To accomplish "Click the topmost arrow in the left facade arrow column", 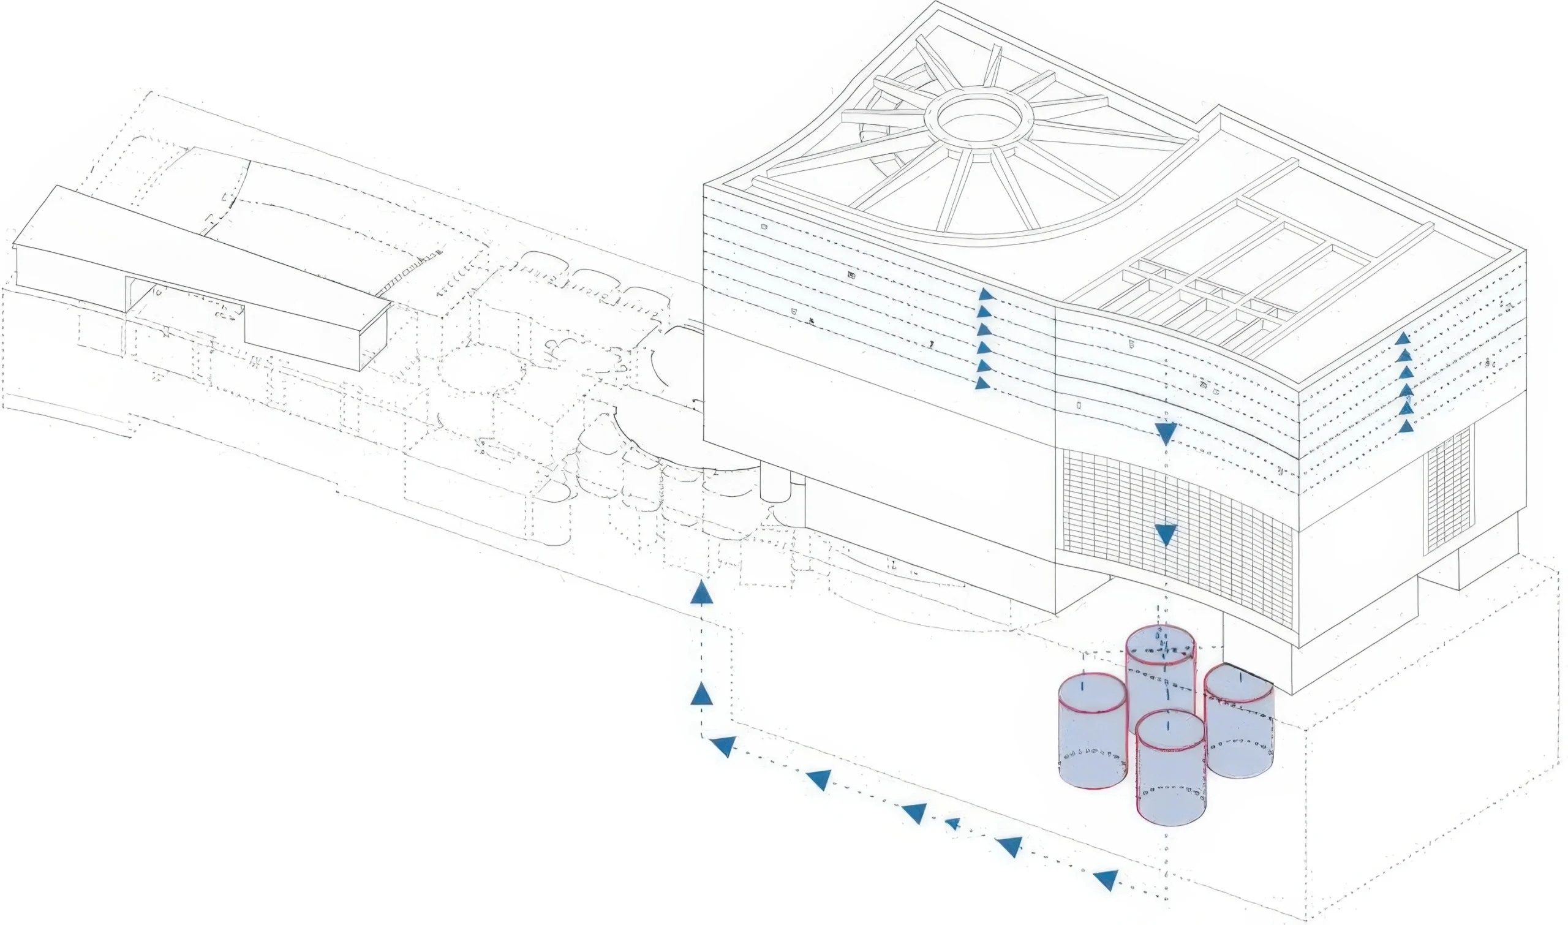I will [984, 294].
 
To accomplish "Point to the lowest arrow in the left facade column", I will [982, 383].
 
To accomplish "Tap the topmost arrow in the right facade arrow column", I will [1403, 339].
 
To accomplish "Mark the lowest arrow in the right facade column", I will [1404, 427].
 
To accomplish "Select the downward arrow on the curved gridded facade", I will [1166, 534].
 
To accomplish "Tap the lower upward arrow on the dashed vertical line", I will [701, 693].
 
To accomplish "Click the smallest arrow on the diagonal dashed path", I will [952, 824].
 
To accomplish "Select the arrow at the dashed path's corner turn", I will [723, 746].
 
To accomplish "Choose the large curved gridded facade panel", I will [1178, 536].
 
